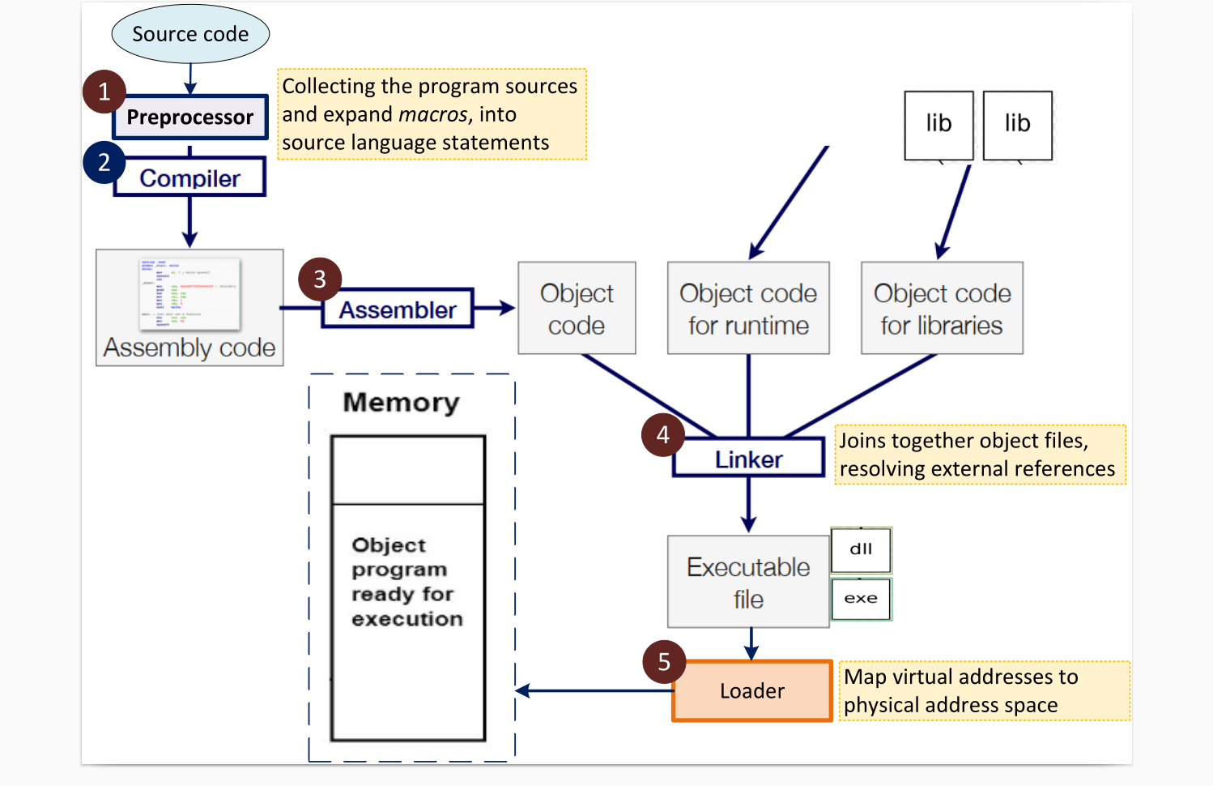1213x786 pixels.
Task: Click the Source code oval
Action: (x=190, y=34)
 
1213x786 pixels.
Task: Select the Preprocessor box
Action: (x=190, y=117)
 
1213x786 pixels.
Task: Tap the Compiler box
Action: (x=190, y=178)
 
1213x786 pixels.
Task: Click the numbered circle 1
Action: (x=104, y=92)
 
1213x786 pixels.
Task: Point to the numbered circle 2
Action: (x=104, y=162)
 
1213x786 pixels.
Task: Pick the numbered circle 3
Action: (x=320, y=280)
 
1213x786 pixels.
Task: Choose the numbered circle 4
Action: (x=663, y=435)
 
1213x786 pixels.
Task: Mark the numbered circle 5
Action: (x=664, y=662)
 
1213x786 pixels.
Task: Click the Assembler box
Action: (x=398, y=310)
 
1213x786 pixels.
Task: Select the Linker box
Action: (x=749, y=459)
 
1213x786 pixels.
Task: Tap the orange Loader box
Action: (x=752, y=691)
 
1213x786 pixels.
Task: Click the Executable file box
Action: (x=748, y=582)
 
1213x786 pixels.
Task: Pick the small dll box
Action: (x=861, y=549)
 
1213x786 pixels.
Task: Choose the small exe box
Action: (x=861, y=599)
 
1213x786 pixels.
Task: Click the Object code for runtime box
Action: (x=748, y=309)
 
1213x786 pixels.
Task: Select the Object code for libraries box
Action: (x=942, y=309)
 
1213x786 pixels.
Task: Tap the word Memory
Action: (x=402, y=402)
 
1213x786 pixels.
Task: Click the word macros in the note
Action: (x=433, y=114)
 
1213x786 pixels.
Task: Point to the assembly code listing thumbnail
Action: (x=190, y=293)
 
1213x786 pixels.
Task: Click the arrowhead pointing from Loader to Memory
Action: (x=523, y=691)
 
